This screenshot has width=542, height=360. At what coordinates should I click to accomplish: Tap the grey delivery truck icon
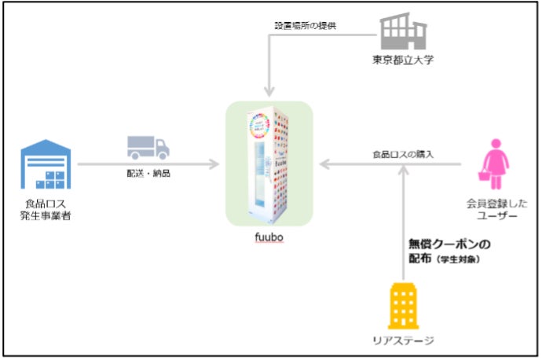point(148,146)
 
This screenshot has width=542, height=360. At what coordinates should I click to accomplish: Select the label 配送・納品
point(148,173)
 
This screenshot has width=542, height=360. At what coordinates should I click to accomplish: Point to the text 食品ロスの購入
point(403,154)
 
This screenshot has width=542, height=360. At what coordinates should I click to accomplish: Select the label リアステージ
point(403,340)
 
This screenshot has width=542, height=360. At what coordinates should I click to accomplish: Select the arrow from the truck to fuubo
point(189,164)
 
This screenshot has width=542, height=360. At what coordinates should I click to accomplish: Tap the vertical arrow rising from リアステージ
point(402,228)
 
